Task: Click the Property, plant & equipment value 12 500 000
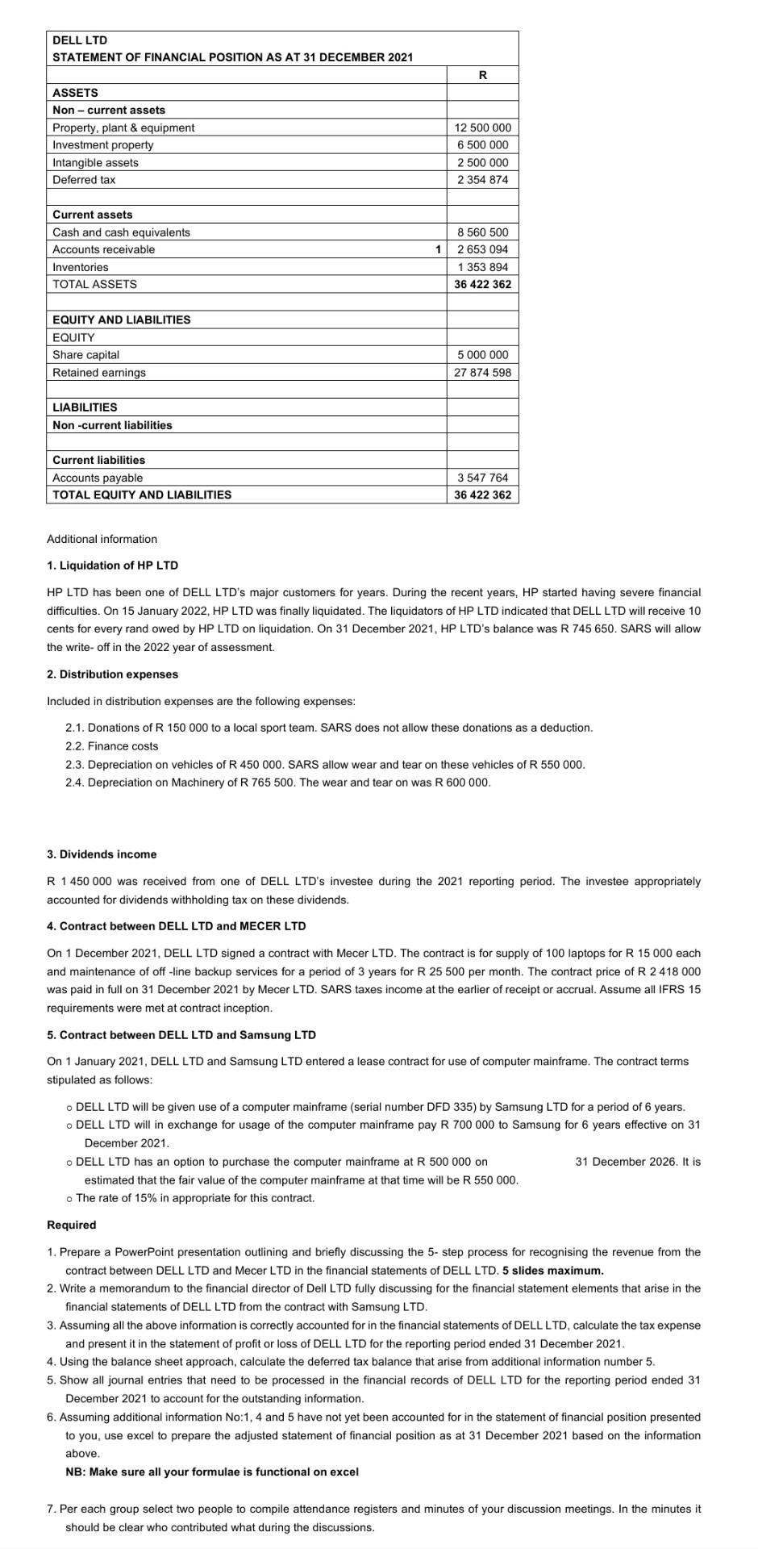482,127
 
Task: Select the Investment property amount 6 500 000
482,145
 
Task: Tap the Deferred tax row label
84,180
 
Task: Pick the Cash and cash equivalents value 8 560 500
482,232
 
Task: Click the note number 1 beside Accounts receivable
438,249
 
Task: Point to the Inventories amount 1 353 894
482,267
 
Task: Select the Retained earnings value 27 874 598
482,373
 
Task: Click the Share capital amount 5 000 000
482,355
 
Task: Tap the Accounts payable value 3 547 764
482,478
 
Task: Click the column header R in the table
482,75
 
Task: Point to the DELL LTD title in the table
80,40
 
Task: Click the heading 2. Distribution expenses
113,674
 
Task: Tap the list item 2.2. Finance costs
112,746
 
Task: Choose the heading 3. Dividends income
102,854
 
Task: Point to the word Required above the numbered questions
72,1225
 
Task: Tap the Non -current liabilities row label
112,425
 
